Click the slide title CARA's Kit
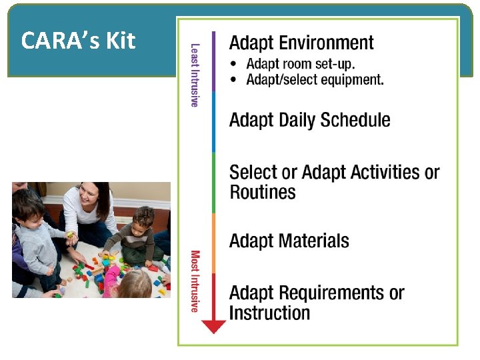click(x=78, y=41)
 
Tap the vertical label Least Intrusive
click(x=195, y=75)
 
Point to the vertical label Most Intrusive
click(x=195, y=281)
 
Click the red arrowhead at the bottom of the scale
click(x=214, y=326)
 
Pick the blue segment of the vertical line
click(x=214, y=122)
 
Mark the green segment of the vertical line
click(x=214, y=183)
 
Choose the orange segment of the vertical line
click(x=214, y=243)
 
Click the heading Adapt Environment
click(x=301, y=43)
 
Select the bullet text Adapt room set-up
click(x=301, y=65)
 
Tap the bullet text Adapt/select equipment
click(x=315, y=80)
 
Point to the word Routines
click(x=262, y=193)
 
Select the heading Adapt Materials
click(x=289, y=241)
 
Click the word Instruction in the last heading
click(x=269, y=313)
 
